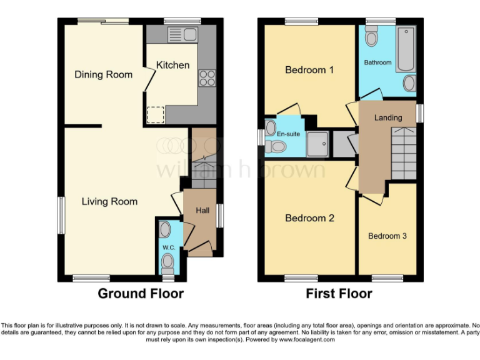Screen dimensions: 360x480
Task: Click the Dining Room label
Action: coord(103,74)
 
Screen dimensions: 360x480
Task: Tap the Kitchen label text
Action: coord(172,65)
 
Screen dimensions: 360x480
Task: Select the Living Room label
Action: coord(109,201)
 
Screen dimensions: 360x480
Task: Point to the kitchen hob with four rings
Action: coord(207,79)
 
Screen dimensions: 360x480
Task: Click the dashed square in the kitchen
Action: coord(155,114)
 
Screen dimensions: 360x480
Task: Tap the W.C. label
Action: coord(168,247)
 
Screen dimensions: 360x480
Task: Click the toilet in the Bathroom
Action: coord(372,39)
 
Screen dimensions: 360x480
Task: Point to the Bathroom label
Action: coord(377,62)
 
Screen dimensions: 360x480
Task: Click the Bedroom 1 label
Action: coord(309,70)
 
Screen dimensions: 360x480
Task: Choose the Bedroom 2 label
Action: coord(309,218)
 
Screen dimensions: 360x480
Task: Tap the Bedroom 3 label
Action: coord(387,236)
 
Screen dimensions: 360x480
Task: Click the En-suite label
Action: coord(289,133)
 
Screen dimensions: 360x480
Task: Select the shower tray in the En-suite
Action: coord(319,144)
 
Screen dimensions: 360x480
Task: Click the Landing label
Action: coord(387,117)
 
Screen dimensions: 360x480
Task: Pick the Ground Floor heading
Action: coord(141,294)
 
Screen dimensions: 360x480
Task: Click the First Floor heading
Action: coord(339,294)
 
